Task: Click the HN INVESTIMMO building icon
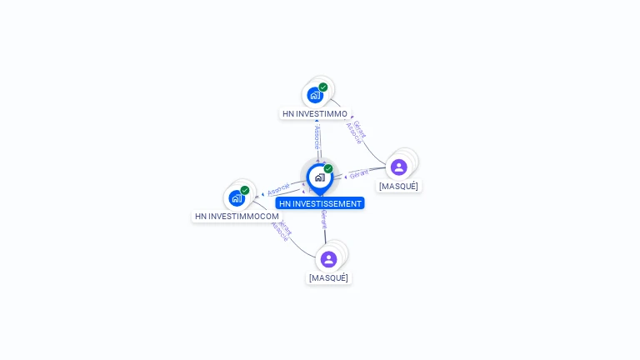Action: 315,94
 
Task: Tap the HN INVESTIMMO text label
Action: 315,113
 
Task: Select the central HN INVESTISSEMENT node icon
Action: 319,177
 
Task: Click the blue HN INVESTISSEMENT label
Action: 320,203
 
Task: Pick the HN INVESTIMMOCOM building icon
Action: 237,198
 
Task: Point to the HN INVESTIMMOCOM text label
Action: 237,216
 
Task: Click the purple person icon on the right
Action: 399,167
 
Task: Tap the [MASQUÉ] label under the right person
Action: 398,186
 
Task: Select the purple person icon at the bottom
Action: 328,259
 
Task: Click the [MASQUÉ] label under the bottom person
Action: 328,277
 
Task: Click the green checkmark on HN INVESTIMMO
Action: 323,87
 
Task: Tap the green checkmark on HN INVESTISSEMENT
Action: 328,168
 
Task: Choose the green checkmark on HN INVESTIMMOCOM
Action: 245,190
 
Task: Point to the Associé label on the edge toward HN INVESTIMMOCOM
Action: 279,188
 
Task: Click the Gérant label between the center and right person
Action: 359,173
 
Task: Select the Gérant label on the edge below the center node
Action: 323,219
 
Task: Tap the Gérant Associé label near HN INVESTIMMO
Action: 357,132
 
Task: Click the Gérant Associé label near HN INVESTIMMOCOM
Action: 282,230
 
